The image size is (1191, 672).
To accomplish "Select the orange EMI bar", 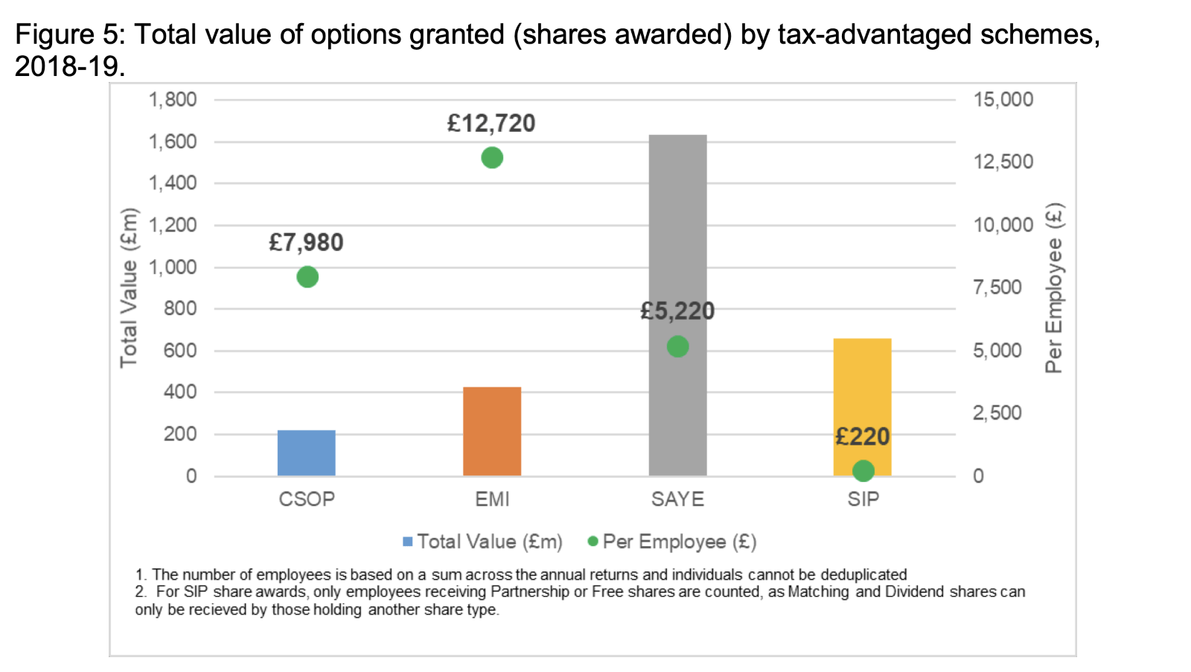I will pos(492,431).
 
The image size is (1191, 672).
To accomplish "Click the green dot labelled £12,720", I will pos(492,158).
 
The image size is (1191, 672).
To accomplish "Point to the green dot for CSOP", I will pos(307,277).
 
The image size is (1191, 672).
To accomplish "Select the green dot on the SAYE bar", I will pos(677,346).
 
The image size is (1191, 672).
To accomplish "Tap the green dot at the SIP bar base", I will pos(863,471).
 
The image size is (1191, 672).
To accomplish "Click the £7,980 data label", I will pos(306,243).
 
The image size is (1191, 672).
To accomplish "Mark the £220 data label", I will pos(862,437).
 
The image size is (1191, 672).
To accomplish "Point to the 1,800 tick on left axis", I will pos(173,100).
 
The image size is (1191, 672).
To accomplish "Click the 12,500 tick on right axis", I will pos(1003,162).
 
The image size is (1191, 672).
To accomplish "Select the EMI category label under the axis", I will pos(492,499).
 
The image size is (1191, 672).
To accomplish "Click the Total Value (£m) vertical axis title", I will pos(129,288).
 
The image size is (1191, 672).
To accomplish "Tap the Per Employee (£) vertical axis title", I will pos(1054,288).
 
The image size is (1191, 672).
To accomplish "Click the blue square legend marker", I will pos(408,542).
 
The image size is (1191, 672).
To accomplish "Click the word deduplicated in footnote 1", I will pos(863,575).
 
